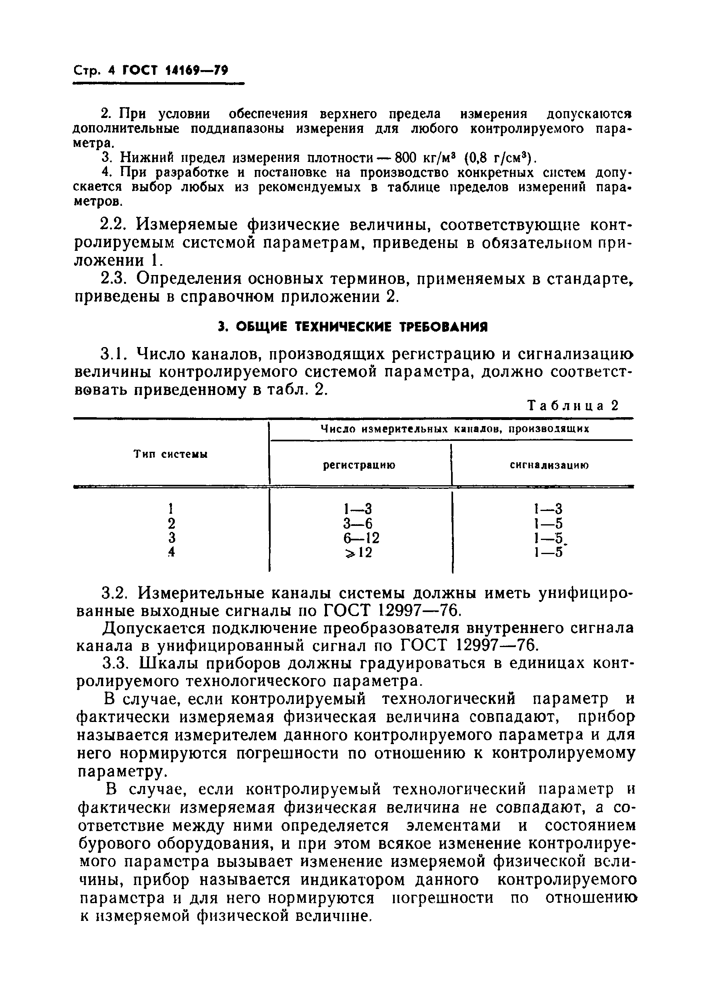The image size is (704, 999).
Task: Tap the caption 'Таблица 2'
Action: click(573, 405)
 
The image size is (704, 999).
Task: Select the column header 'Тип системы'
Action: click(170, 454)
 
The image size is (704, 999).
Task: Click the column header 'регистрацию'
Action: click(359, 465)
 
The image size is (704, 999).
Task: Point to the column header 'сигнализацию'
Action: click(549, 465)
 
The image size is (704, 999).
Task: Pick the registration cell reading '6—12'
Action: click(361, 538)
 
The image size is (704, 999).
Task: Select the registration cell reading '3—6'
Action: click(358, 523)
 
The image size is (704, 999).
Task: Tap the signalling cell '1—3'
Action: click(548, 509)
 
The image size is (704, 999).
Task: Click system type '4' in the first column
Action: click(172, 552)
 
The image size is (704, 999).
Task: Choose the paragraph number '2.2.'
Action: click(114, 225)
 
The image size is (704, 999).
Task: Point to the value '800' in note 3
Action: click(406, 157)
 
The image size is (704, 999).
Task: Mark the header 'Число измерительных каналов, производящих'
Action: click(454, 429)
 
